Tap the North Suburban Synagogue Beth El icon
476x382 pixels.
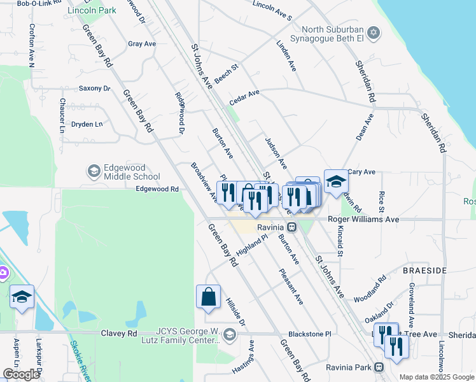(x=375, y=32)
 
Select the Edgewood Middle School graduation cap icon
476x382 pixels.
(x=94, y=171)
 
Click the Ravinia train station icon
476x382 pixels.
(x=291, y=227)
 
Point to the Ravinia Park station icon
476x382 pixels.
(x=379, y=367)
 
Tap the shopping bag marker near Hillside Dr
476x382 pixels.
(x=208, y=297)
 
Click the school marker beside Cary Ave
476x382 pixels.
(x=336, y=182)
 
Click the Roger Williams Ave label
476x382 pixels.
(x=363, y=219)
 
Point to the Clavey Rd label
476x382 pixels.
(x=119, y=333)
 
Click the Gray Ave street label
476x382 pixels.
(x=141, y=44)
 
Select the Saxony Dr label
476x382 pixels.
(x=94, y=88)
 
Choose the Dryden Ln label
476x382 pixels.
(x=87, y=124)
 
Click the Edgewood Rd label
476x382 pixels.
(x=157, y=189)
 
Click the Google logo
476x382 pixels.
(x=22, y=374)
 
